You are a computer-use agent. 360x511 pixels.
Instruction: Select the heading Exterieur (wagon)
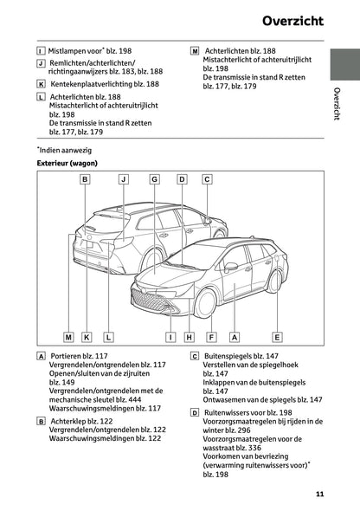coord(67,163)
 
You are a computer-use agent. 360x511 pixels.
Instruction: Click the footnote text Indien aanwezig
coord(63,149)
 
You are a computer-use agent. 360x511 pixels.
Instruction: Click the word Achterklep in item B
coord(71,420)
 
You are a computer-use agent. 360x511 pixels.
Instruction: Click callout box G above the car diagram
coord(154,179)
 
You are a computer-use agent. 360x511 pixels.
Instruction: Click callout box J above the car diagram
coord(123,179)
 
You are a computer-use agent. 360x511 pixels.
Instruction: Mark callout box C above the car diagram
coord(207,179)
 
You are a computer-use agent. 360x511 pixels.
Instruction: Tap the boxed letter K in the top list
coord(41,84)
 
